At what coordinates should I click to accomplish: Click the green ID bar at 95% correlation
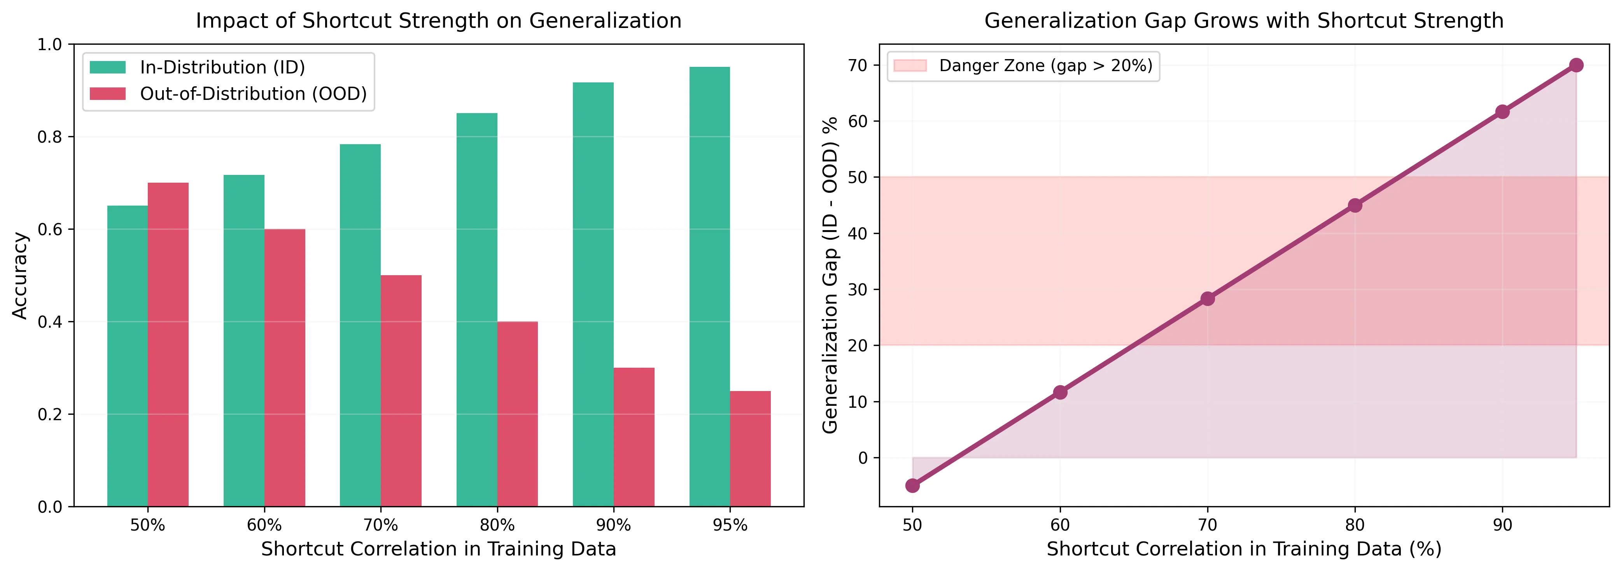coord(709,287)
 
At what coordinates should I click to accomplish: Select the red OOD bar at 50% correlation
coord(168,345)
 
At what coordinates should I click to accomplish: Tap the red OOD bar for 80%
coord(517,414)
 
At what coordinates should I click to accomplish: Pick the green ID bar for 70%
coord(360,325)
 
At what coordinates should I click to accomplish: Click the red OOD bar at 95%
coord(750,449)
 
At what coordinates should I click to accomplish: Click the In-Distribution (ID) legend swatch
coord(108,67)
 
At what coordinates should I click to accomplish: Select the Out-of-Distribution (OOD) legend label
coord(253,94)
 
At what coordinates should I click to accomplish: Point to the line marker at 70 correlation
coord(1207,299)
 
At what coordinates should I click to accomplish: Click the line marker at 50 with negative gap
coord(912,485)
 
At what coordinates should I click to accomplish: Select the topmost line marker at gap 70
coord(1576,65)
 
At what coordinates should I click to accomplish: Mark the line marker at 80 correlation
coord(1355,206)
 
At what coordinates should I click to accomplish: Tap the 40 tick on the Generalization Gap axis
coord(858,233)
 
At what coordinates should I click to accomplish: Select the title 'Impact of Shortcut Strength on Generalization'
coord(439,21)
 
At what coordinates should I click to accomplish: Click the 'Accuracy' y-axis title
coord(20,276)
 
